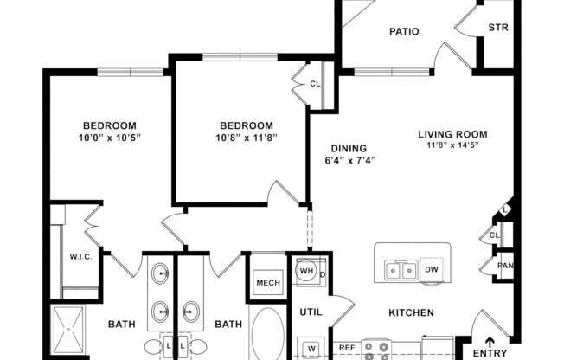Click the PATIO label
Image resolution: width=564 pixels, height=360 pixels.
403,32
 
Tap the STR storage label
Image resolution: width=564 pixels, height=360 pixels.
499,27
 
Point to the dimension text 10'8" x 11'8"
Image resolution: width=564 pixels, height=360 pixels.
246,138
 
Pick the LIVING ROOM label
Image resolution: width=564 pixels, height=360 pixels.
452,134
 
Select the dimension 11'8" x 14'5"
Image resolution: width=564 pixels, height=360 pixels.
453,145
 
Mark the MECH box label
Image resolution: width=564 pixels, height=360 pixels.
266,283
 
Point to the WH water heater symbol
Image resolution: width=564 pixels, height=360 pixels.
305,271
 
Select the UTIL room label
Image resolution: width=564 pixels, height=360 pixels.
311,311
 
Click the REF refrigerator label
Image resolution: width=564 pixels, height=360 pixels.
347,348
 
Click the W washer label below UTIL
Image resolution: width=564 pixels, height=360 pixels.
310,349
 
